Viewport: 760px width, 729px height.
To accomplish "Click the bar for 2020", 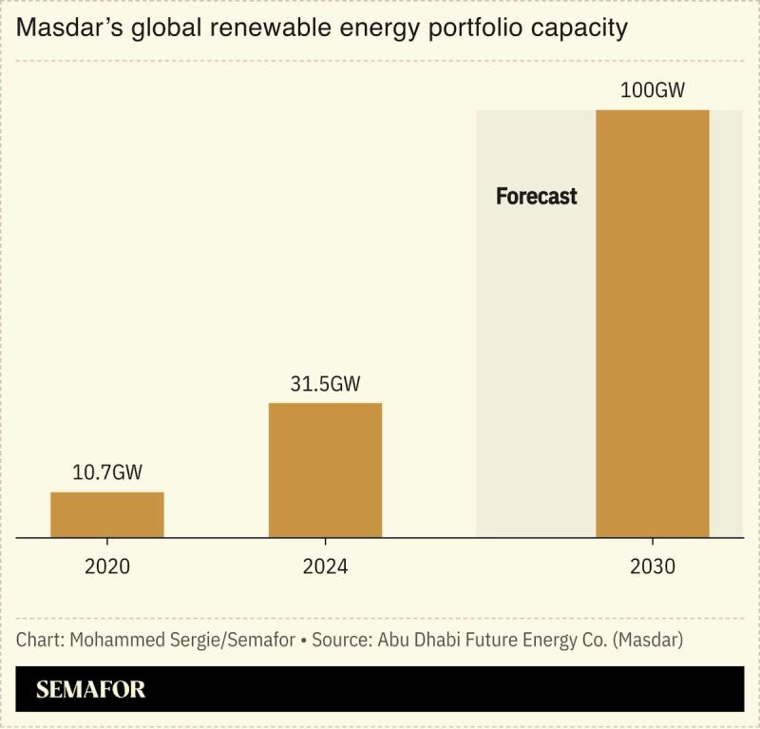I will coord(106,514).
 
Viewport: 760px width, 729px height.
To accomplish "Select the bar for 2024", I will coord(325,470).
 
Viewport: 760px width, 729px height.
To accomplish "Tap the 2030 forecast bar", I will coord(652,323).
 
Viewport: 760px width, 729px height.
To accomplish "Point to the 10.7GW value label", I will coord(106,472).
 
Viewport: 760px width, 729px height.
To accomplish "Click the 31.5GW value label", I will coord(325,384).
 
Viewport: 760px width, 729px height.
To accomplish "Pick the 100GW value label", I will coord(652,90).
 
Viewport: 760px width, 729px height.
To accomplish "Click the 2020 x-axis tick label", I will coord(106,567).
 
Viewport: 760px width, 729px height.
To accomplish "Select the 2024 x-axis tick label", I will coord(325,567).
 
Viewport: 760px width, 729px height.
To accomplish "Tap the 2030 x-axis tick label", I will coord(652,567).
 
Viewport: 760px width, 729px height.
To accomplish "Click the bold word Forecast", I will coord(536,197).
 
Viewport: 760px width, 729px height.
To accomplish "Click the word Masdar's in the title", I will coord(63,29).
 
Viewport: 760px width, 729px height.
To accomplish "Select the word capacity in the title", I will coord(580,29).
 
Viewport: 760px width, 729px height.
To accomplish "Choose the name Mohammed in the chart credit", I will coord(112,640).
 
